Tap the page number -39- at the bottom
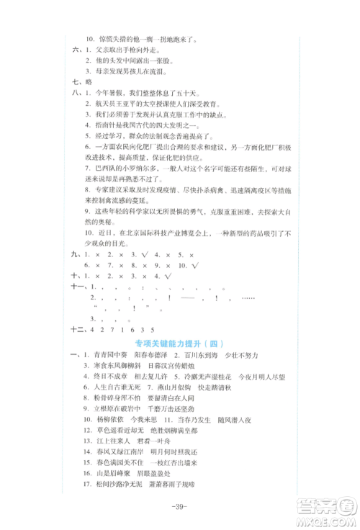pos(180,506)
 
